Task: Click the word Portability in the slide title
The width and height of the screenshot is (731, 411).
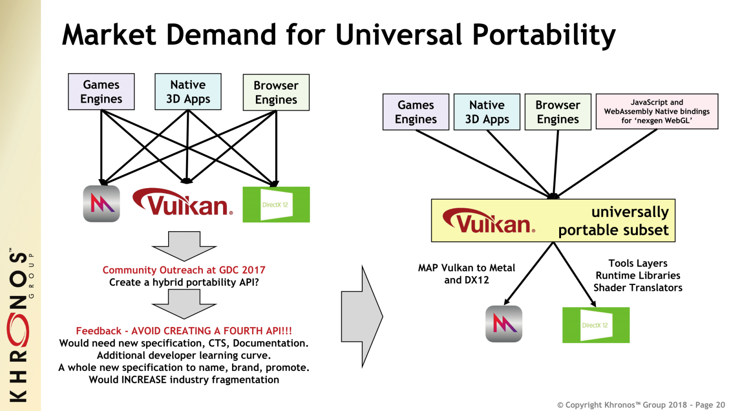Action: [x=544, y=35]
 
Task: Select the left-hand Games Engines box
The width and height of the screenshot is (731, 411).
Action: [x=101, y=92]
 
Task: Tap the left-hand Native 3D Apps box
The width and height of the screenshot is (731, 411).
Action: [x=188, y=92]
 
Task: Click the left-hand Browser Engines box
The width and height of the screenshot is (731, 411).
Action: [x=276, y=93]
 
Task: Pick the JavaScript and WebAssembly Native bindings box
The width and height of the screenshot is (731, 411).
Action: [x=657, y=111]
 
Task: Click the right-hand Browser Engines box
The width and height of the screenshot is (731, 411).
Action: [x=558, y=112]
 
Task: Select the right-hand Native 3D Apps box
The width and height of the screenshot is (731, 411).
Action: [x=487, y=112]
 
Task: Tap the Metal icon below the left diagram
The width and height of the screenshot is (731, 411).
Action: [x=101, y=204]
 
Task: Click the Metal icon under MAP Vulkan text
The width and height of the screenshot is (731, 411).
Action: [x=503, y=324]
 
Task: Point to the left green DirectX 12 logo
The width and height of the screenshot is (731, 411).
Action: [x=276, y=205]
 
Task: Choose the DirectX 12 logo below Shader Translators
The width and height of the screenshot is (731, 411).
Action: [x=596, y=325]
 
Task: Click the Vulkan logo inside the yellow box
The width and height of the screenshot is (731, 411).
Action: [x=489, y=221]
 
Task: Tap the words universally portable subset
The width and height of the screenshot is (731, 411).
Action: [x=614, y=221]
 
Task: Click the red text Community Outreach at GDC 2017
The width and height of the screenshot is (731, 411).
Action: [x=184, y=270]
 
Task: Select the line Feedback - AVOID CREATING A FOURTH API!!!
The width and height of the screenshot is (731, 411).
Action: [x=184, y=331]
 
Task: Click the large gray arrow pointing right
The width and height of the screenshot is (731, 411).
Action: [x=362, y=316]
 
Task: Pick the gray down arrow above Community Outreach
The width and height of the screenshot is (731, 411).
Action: [x=184, y=245]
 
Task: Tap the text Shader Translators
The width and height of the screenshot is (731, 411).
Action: [x=638, y=288]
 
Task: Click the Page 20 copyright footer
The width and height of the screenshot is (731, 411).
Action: [x=641, y=405]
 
